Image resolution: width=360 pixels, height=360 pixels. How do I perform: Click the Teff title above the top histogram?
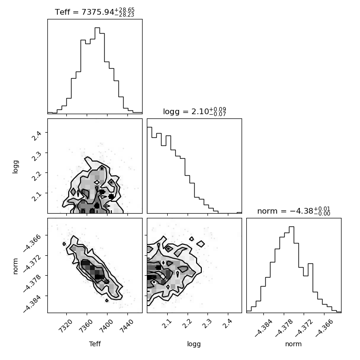pyautogui.click(x=95, y=12)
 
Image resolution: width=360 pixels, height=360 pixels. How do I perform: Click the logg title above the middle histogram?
pyautogui.click(x=195, y=112)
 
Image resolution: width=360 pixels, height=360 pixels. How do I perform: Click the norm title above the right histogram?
pyautogui.click(x=294, y=211)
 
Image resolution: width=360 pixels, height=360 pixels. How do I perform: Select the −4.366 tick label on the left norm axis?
pyautogui.click(x=32, y=243)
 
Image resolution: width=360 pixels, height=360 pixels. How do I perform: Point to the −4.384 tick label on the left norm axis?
pyautogui.click(x=32, y=304)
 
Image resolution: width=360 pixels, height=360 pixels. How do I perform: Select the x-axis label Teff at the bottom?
pyautogui.click(x=95, y=344)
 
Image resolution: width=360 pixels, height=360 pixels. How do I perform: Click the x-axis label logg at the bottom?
pyautogui.click(x=194, y=344)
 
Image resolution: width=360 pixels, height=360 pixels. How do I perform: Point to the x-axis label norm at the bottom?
pyautogui.click(x=293, y=344)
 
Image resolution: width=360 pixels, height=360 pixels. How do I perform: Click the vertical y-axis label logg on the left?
pyautogui.click(x=15, y=167)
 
